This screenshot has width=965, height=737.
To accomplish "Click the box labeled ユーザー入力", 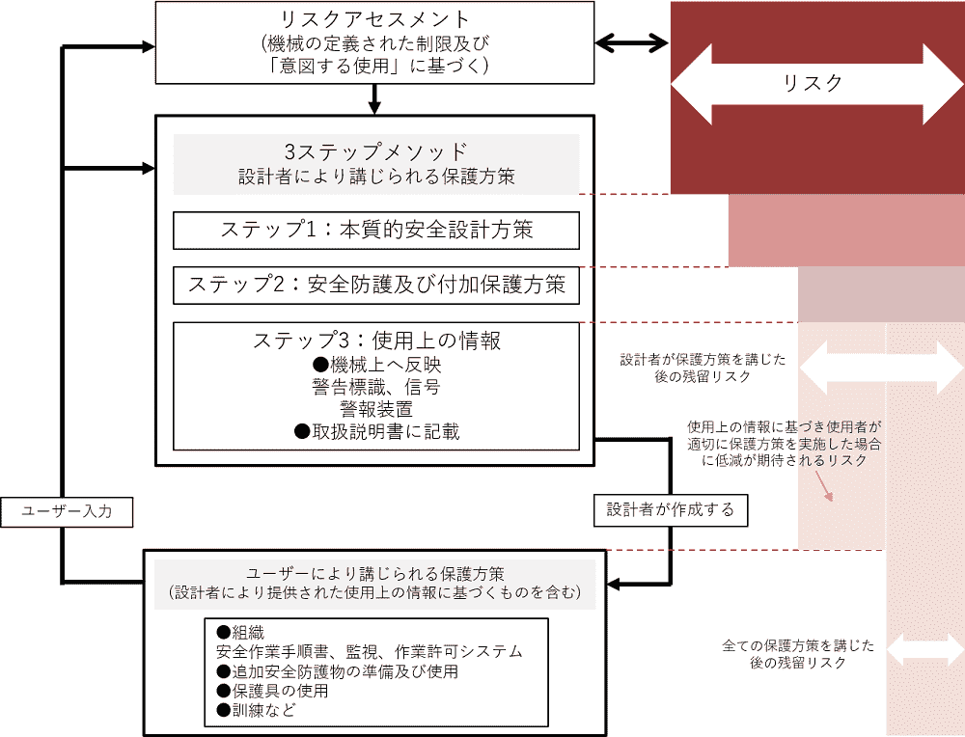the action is click(67, 512).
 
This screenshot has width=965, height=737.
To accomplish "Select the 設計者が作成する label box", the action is click(671, 510).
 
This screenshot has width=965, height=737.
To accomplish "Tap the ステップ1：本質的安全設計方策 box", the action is click(376, 231).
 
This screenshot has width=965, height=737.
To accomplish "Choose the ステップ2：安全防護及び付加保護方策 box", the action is click(376, 285).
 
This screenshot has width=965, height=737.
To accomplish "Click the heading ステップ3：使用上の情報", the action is click(376, 341).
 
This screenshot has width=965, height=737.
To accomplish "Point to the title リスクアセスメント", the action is click(374, 19).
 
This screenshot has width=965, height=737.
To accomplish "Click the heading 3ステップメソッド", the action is click(376, 151).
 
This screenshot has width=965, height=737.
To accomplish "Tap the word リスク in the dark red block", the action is click(813, 83).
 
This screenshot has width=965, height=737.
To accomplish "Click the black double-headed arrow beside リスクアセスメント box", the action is click(632, 43).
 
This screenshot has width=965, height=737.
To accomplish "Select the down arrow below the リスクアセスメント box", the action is click(374, 99).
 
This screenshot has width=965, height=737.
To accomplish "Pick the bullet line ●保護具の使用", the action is click(272, 691).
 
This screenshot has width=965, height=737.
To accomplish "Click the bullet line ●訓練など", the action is click(256, 711).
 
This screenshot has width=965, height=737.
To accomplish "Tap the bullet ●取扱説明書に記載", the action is click(376, 432).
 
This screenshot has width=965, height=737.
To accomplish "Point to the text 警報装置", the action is click(376, 409).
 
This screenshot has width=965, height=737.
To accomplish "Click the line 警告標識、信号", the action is click(376, 387).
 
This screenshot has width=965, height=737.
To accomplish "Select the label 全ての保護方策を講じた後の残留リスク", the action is click(798, 655).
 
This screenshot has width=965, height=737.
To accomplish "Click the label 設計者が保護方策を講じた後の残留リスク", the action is click(703, 368).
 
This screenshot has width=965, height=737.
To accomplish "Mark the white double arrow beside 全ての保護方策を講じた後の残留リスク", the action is click(925, 649).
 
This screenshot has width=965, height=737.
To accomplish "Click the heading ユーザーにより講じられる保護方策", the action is click(375, 574).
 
